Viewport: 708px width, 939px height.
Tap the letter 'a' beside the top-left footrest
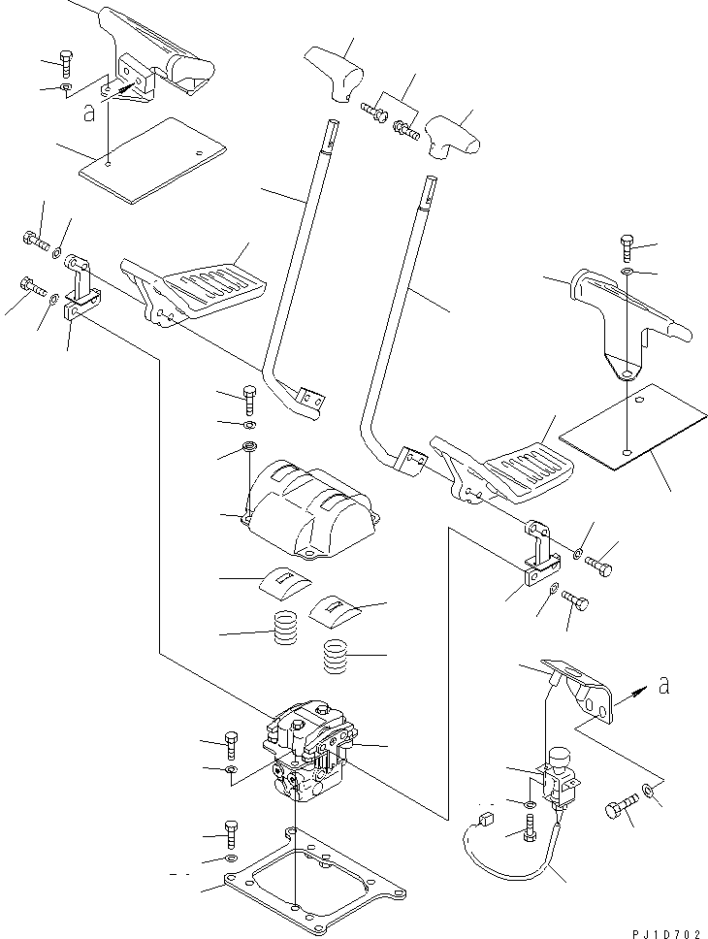(88, 113)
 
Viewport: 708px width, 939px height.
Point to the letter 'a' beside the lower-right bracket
(663, 686)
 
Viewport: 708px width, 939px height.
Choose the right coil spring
(336, 659)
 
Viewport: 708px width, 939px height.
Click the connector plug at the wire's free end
(487, 822)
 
